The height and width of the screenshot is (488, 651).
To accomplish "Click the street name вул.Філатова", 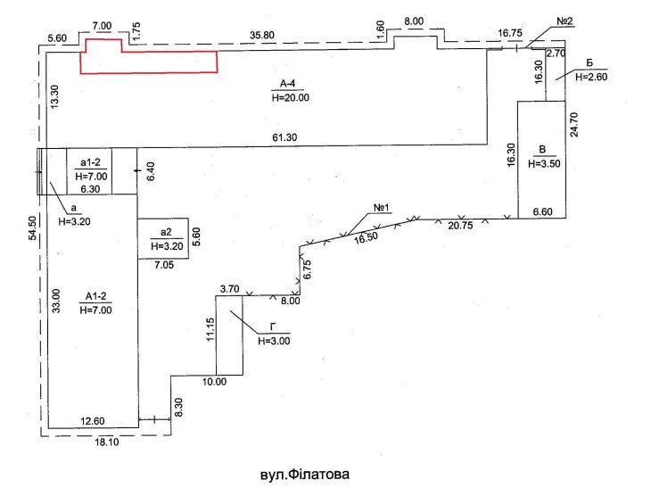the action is click(x=305, y=475).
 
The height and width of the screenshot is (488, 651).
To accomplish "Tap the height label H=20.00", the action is click(x=291, y=97).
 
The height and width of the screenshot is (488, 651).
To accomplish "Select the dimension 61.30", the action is click(x=284, y=137).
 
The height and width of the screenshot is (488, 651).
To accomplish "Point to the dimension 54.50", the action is click(x=32, y=228).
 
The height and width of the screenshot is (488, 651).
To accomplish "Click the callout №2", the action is click(x=564, y=21).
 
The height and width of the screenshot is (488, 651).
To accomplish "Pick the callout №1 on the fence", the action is click(x=382, y=207).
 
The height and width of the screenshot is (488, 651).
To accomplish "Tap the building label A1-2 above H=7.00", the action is click(x=96, y=296).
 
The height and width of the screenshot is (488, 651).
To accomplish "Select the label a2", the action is click(x=166, y=232).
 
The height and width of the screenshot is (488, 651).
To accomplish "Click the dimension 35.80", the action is click(x=262, y=36).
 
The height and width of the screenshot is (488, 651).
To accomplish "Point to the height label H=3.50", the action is click(x=544, y=163).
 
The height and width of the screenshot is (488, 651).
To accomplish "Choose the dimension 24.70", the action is click(x=574, y=125).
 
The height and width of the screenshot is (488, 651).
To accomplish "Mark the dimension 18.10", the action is click(x=107, y=442).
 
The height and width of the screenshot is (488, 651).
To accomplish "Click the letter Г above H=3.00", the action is click(x=273, y=327).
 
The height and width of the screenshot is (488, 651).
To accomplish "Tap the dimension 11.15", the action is click(x=210, y=329).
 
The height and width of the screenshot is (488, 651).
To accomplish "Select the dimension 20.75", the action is click(x=460, y=226).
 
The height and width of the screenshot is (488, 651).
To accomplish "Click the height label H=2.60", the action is click(x=591, y=77).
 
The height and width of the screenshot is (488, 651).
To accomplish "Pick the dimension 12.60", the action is click(x=93, y=421).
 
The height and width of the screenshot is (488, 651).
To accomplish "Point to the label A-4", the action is click(x=287, y=84).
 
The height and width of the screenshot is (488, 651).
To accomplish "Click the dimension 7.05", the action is click(x=164, y=265).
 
